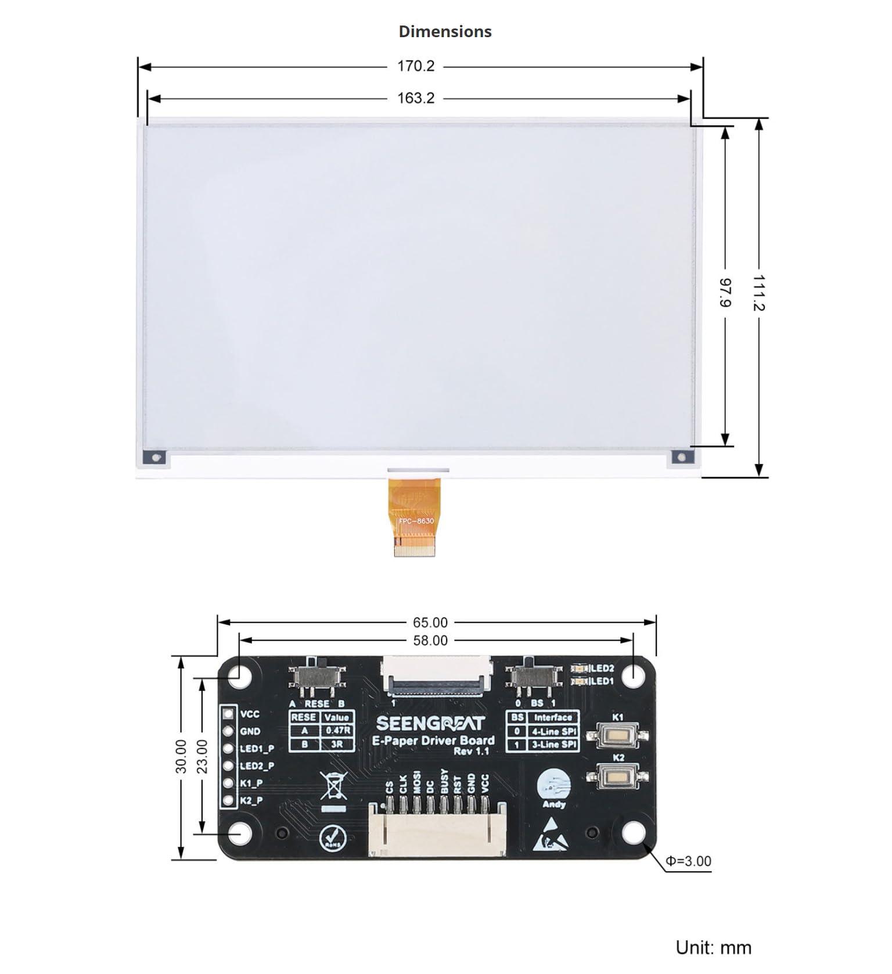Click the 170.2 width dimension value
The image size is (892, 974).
click(415, 66)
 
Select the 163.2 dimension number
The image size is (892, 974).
click(415, 98)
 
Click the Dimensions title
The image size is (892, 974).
click(445, 31)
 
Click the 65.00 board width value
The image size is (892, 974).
click(430, 623)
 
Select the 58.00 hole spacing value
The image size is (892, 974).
click(430, 641)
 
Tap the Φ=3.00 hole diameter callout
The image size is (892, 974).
click(688, 861)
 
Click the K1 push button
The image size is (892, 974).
click(618, 735)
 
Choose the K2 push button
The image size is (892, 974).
click(618, 775)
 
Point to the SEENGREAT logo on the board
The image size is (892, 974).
click(430, 723)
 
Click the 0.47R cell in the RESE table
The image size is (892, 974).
click(337, 731)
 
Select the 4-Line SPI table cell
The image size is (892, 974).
click(554, 732)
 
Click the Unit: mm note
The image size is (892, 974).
click(713, 948)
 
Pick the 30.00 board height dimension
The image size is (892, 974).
click(181, 756)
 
